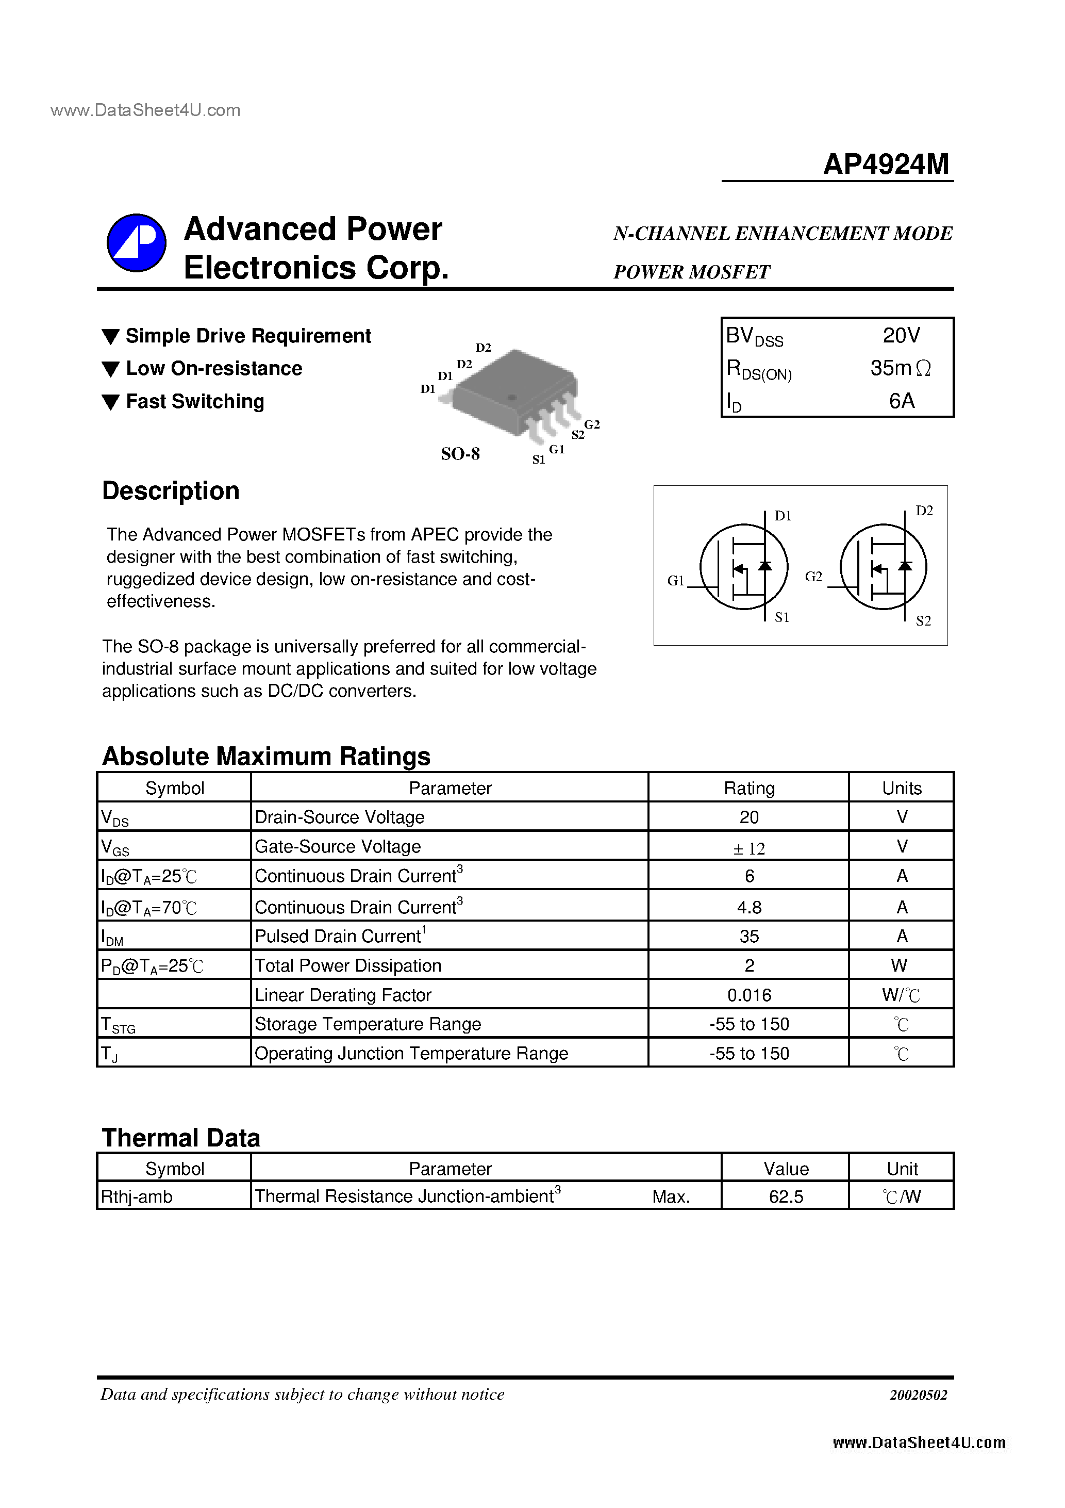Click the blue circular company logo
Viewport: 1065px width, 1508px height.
coord(137,242)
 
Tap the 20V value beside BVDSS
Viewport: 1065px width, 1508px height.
coord(901,336)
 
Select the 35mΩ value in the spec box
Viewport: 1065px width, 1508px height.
coord(900,368)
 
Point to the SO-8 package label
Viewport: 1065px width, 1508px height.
coord(460,454)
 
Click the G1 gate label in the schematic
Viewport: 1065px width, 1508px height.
coord(676,581)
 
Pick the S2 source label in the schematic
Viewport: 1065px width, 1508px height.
coord(923,620)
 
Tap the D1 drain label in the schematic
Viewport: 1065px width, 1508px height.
coord(783,516)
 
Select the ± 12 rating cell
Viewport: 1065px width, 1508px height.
coord(748,848)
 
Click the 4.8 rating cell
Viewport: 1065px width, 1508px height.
coord(748,907)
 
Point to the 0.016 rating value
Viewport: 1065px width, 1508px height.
coord(748,995)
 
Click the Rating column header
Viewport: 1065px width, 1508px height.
coord(748,788)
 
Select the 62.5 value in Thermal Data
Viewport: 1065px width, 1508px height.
coord(786,1196)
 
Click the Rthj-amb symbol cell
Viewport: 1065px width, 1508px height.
coord(137,1196)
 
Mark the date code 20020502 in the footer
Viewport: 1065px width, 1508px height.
coord(918,1395)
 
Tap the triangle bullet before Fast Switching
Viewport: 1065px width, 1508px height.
coord(111,402)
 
